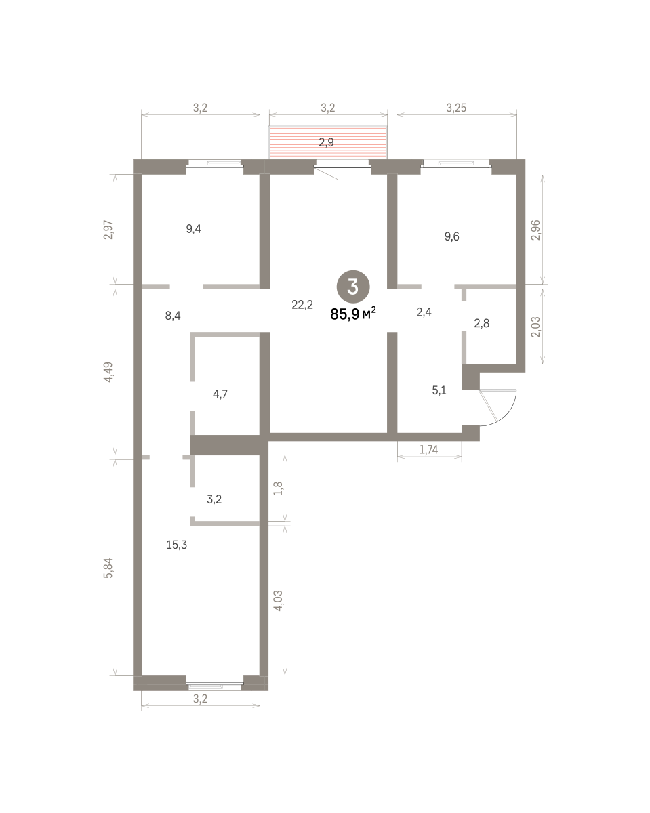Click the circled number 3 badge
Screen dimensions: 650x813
coord(353,287)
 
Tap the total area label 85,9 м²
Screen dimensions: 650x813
coord(353,314)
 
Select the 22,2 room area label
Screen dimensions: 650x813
coord(302,304)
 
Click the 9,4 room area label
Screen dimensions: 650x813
coord(193,228)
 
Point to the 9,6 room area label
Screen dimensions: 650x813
coord(452,236)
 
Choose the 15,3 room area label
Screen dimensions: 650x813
coord(177,545)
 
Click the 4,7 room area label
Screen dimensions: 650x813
coord(220,394)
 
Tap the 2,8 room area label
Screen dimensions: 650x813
coord(482,323)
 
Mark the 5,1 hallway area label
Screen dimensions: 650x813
coord(439,390)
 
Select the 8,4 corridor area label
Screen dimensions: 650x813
coord(173,316)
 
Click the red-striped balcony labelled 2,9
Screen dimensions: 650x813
coord(328,142)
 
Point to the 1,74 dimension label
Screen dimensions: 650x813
coord(428,449)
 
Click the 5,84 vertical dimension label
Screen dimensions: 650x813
coord(108,568)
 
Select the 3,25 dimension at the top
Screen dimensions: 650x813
coord(456,108)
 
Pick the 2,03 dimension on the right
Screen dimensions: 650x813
coord(536,327)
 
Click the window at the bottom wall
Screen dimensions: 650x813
coord(215,686)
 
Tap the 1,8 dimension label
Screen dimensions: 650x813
coord(278,489)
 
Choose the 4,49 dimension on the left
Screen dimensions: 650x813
coord(108,372)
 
